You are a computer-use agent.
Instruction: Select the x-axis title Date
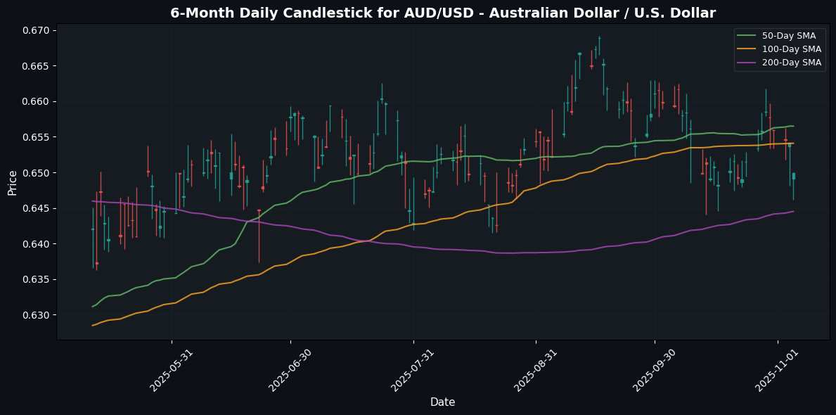click(442, 402)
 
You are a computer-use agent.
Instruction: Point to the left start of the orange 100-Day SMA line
click(92, 325)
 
